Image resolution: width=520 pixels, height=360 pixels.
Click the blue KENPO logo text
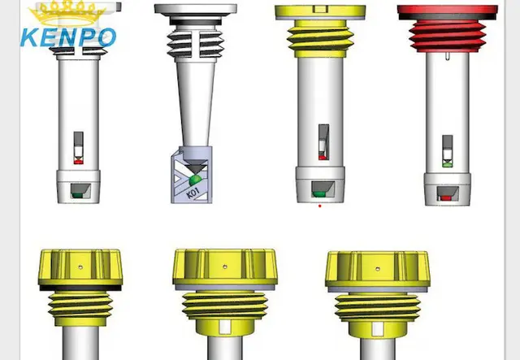(x=68, y=37)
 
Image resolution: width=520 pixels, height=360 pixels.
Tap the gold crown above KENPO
(x=67, y=13)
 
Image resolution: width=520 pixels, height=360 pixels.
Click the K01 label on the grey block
(x=193, y=193)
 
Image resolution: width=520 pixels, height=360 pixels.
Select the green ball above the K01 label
(x=195, y=180)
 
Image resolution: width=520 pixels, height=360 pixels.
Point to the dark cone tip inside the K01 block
(x=195, y=167)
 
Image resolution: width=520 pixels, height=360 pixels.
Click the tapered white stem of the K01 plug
(x=195, y=103)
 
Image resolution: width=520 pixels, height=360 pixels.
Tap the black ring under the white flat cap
(x=196, y=22)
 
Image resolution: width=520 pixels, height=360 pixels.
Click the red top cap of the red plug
(x=448, y=10)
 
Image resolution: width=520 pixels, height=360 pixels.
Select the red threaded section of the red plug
(x=448, y=36)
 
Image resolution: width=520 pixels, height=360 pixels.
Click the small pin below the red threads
(x=447, y=56)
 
